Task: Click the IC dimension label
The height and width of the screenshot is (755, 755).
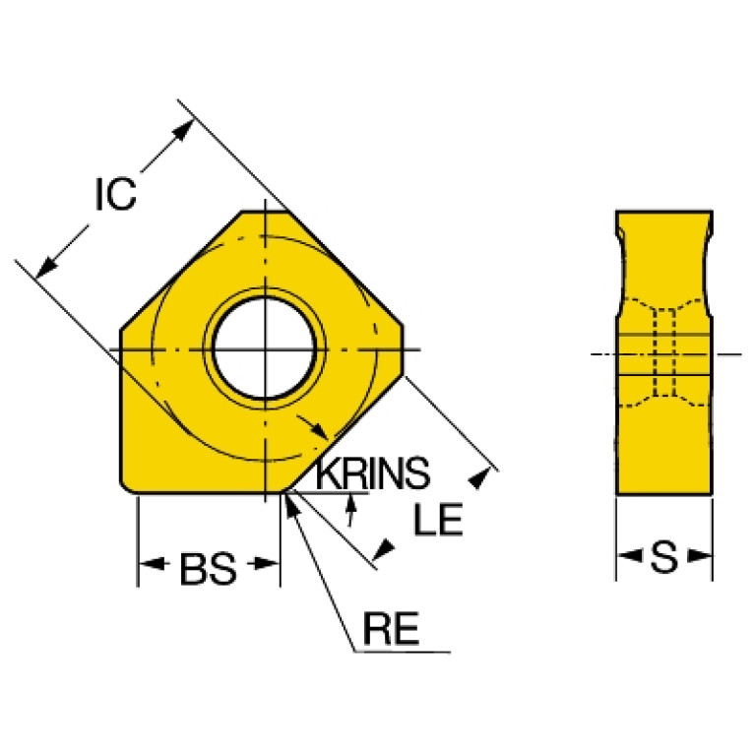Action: [x=116, y=194]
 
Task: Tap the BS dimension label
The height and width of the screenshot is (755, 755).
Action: [x=208, y=569]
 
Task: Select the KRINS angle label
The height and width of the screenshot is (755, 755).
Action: [x=372, y=472]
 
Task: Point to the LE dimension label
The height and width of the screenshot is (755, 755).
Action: [x=438, y=520]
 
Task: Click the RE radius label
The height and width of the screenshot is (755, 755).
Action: [x=391, y=628]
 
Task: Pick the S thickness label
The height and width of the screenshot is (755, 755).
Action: [x=664, y=557]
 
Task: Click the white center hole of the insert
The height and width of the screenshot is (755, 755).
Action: [x=264, y=347]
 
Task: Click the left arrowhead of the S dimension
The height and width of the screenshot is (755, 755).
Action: [x=629, y=555]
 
